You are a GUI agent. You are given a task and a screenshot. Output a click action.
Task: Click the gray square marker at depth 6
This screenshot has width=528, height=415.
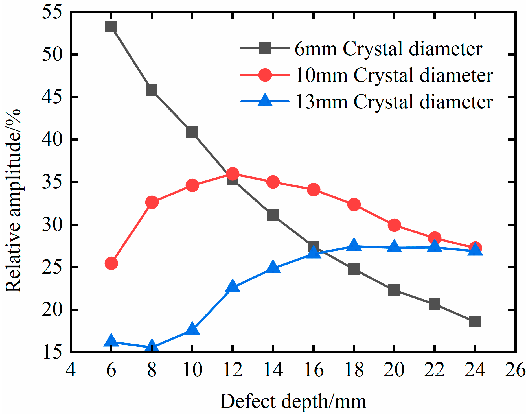coord(111,27)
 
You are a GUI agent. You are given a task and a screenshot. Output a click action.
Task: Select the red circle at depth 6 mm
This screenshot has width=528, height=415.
coord(111,263)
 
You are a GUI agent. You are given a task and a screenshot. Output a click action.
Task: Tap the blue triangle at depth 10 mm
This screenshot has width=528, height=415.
coord(192,329)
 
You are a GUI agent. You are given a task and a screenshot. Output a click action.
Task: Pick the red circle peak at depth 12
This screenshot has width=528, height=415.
coord(233,174)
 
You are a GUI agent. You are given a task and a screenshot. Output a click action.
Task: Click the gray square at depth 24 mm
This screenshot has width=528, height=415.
coord(475,322)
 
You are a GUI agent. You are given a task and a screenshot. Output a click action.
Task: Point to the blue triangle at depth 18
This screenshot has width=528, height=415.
coord(354,245)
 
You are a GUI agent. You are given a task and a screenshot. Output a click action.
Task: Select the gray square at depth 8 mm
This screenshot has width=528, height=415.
coord(152,90)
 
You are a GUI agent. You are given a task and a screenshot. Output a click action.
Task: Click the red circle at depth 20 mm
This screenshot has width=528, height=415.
coord(394,225)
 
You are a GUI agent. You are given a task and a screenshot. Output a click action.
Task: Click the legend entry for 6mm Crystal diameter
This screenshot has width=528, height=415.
coord(388,49)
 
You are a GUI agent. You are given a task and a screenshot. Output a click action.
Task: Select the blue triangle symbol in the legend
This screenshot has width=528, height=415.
coord(265,101)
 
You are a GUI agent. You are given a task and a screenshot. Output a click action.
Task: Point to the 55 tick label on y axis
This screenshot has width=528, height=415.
coord(52,12)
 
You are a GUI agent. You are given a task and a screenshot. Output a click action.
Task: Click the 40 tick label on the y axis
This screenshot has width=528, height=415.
coord(52,139)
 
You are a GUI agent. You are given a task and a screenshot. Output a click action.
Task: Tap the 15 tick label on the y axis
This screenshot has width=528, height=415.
coord(52,352)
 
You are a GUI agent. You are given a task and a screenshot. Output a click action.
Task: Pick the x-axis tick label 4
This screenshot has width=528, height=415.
coord(71,370)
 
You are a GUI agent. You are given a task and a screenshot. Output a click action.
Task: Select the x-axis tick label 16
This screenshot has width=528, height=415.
coord(313,370)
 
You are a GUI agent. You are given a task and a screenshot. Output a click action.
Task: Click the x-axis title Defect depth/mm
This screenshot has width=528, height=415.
coord(293,401)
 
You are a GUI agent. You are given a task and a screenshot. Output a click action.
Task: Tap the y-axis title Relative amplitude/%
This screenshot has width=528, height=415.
coord(14,200)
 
